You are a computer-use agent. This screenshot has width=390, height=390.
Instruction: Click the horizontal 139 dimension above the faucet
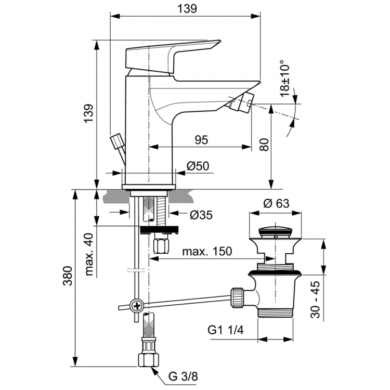(x=186, y=9)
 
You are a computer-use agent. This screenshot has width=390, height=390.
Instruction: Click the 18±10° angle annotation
(x=285, y=78)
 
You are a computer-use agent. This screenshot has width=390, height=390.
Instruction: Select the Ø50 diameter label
(x=197, y=166)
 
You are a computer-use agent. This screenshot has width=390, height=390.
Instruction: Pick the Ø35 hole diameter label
(x=200, y=214)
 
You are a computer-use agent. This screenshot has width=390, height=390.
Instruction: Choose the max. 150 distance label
(x=207, y=252)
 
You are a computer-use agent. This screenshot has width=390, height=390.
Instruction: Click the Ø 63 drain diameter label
(x=276, y=203)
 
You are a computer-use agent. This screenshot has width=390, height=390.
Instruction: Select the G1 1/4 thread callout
(x=224, y=330)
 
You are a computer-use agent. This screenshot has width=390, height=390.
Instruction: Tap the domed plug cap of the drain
(x=275, y=229)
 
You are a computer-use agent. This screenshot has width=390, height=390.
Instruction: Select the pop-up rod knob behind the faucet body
(x=118, y=141)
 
